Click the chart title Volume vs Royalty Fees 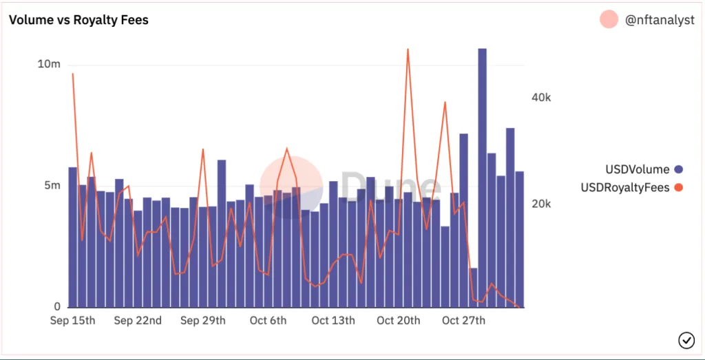click(x=78, y=20)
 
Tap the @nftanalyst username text click(x=660, y=21)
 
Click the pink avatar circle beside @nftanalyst click(x=609, y=20)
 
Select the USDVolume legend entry click(x=637, y=169)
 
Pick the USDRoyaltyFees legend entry click(x=625, y=187)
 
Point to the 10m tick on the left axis click(x=49, y=65)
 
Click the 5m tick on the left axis click(x=52, y=186)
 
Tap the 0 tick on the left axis click(x=57, y=307)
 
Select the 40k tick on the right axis click(x=541, y=98)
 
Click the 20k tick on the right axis click(x=541, y=204)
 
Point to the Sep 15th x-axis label click(x=73, y=321)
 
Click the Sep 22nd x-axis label click(x=138, y=321)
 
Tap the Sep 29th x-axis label click(x=202, y=321)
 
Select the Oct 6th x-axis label click(x=268, y=321)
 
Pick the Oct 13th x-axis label click(x=333, y=321)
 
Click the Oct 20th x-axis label click(x=398, y=321)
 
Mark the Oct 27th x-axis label click(x=463, y=321)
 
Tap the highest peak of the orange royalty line click(x=408, y=50)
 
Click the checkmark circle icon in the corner click(x=686, y=339)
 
